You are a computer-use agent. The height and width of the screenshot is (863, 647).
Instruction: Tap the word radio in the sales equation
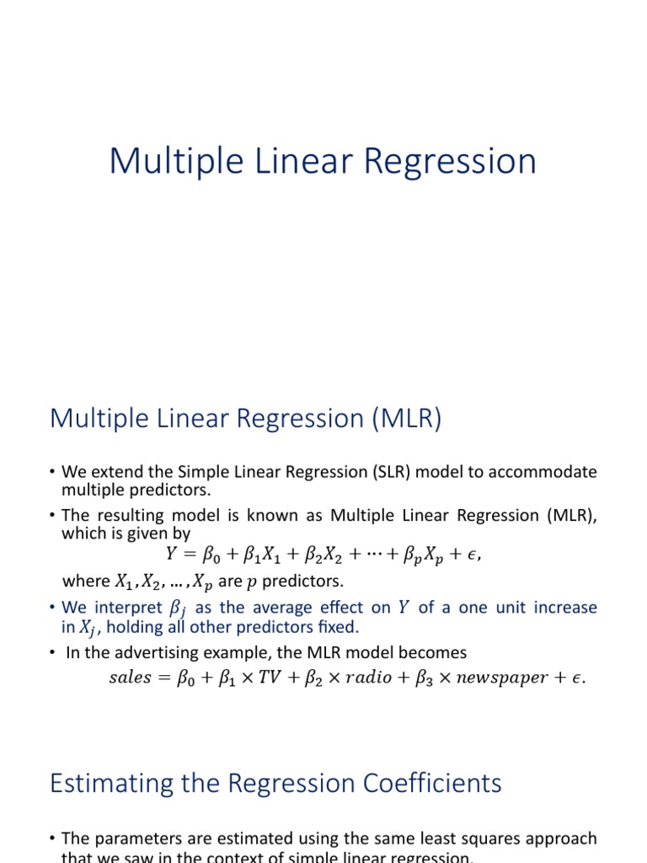coord(366,678)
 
